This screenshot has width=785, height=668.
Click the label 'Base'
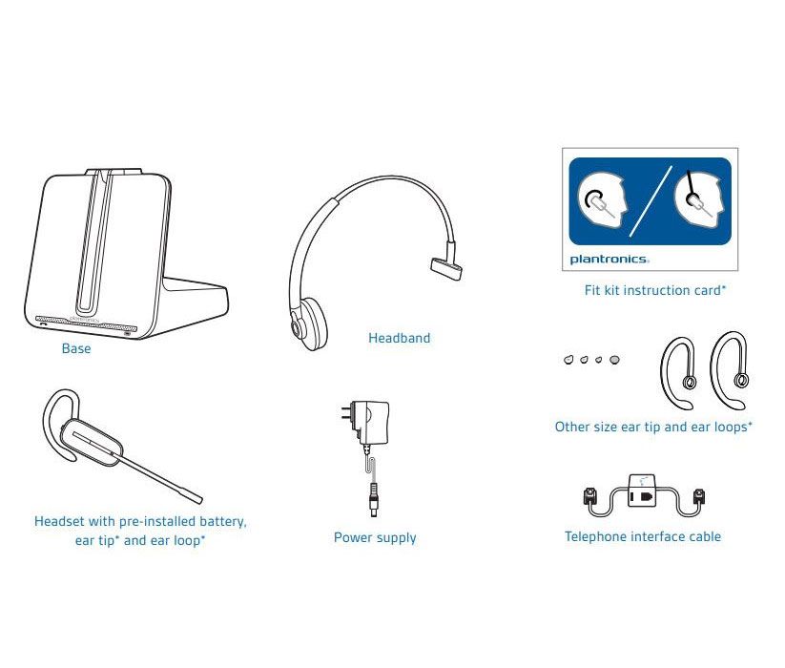76,349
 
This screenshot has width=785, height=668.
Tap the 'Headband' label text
399,338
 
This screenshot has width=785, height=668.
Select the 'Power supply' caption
375,538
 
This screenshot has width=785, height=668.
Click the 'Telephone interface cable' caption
643,537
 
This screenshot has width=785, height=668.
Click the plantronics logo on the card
609,259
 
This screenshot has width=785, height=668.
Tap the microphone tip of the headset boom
196,497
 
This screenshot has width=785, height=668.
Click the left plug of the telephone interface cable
589,497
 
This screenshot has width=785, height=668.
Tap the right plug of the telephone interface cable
701,497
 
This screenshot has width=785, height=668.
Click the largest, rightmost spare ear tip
615,360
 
